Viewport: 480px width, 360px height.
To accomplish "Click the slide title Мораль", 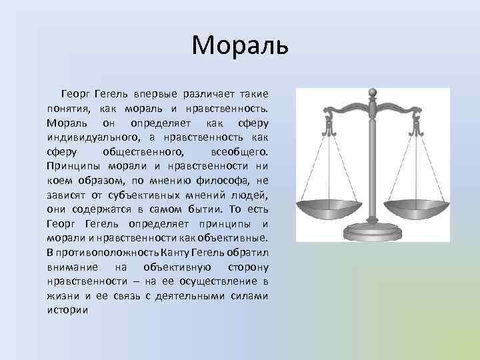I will tap(239, 45).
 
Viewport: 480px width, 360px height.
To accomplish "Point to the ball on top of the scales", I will tap(373, 92).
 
